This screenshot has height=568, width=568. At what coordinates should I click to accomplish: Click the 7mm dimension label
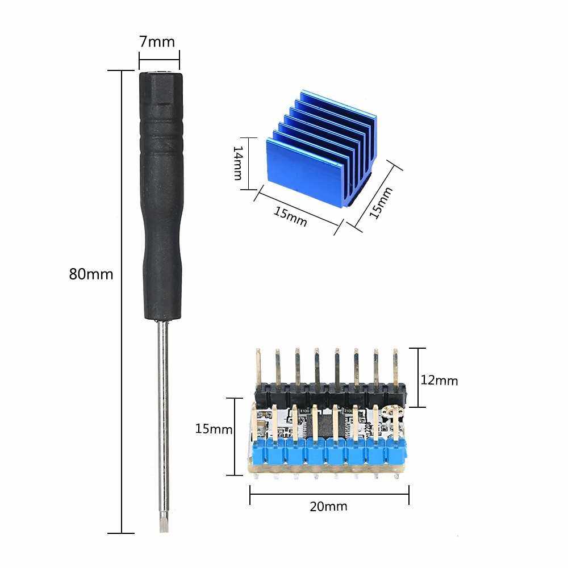click(157, 42)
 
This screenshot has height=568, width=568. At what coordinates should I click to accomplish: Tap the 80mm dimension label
click(91, 274)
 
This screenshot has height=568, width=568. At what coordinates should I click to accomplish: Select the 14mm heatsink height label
click(237, 163)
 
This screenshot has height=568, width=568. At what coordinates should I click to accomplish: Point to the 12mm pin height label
click(439, 381)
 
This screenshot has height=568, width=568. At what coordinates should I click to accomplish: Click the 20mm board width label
click(328, 506)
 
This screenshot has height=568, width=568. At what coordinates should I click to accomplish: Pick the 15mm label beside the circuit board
click(214, 429)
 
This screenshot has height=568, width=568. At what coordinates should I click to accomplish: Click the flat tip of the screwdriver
click(164, 524)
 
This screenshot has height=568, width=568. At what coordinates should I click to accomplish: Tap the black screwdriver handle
click(161, 195)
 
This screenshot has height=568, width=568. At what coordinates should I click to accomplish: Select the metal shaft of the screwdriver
click(164, 416)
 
